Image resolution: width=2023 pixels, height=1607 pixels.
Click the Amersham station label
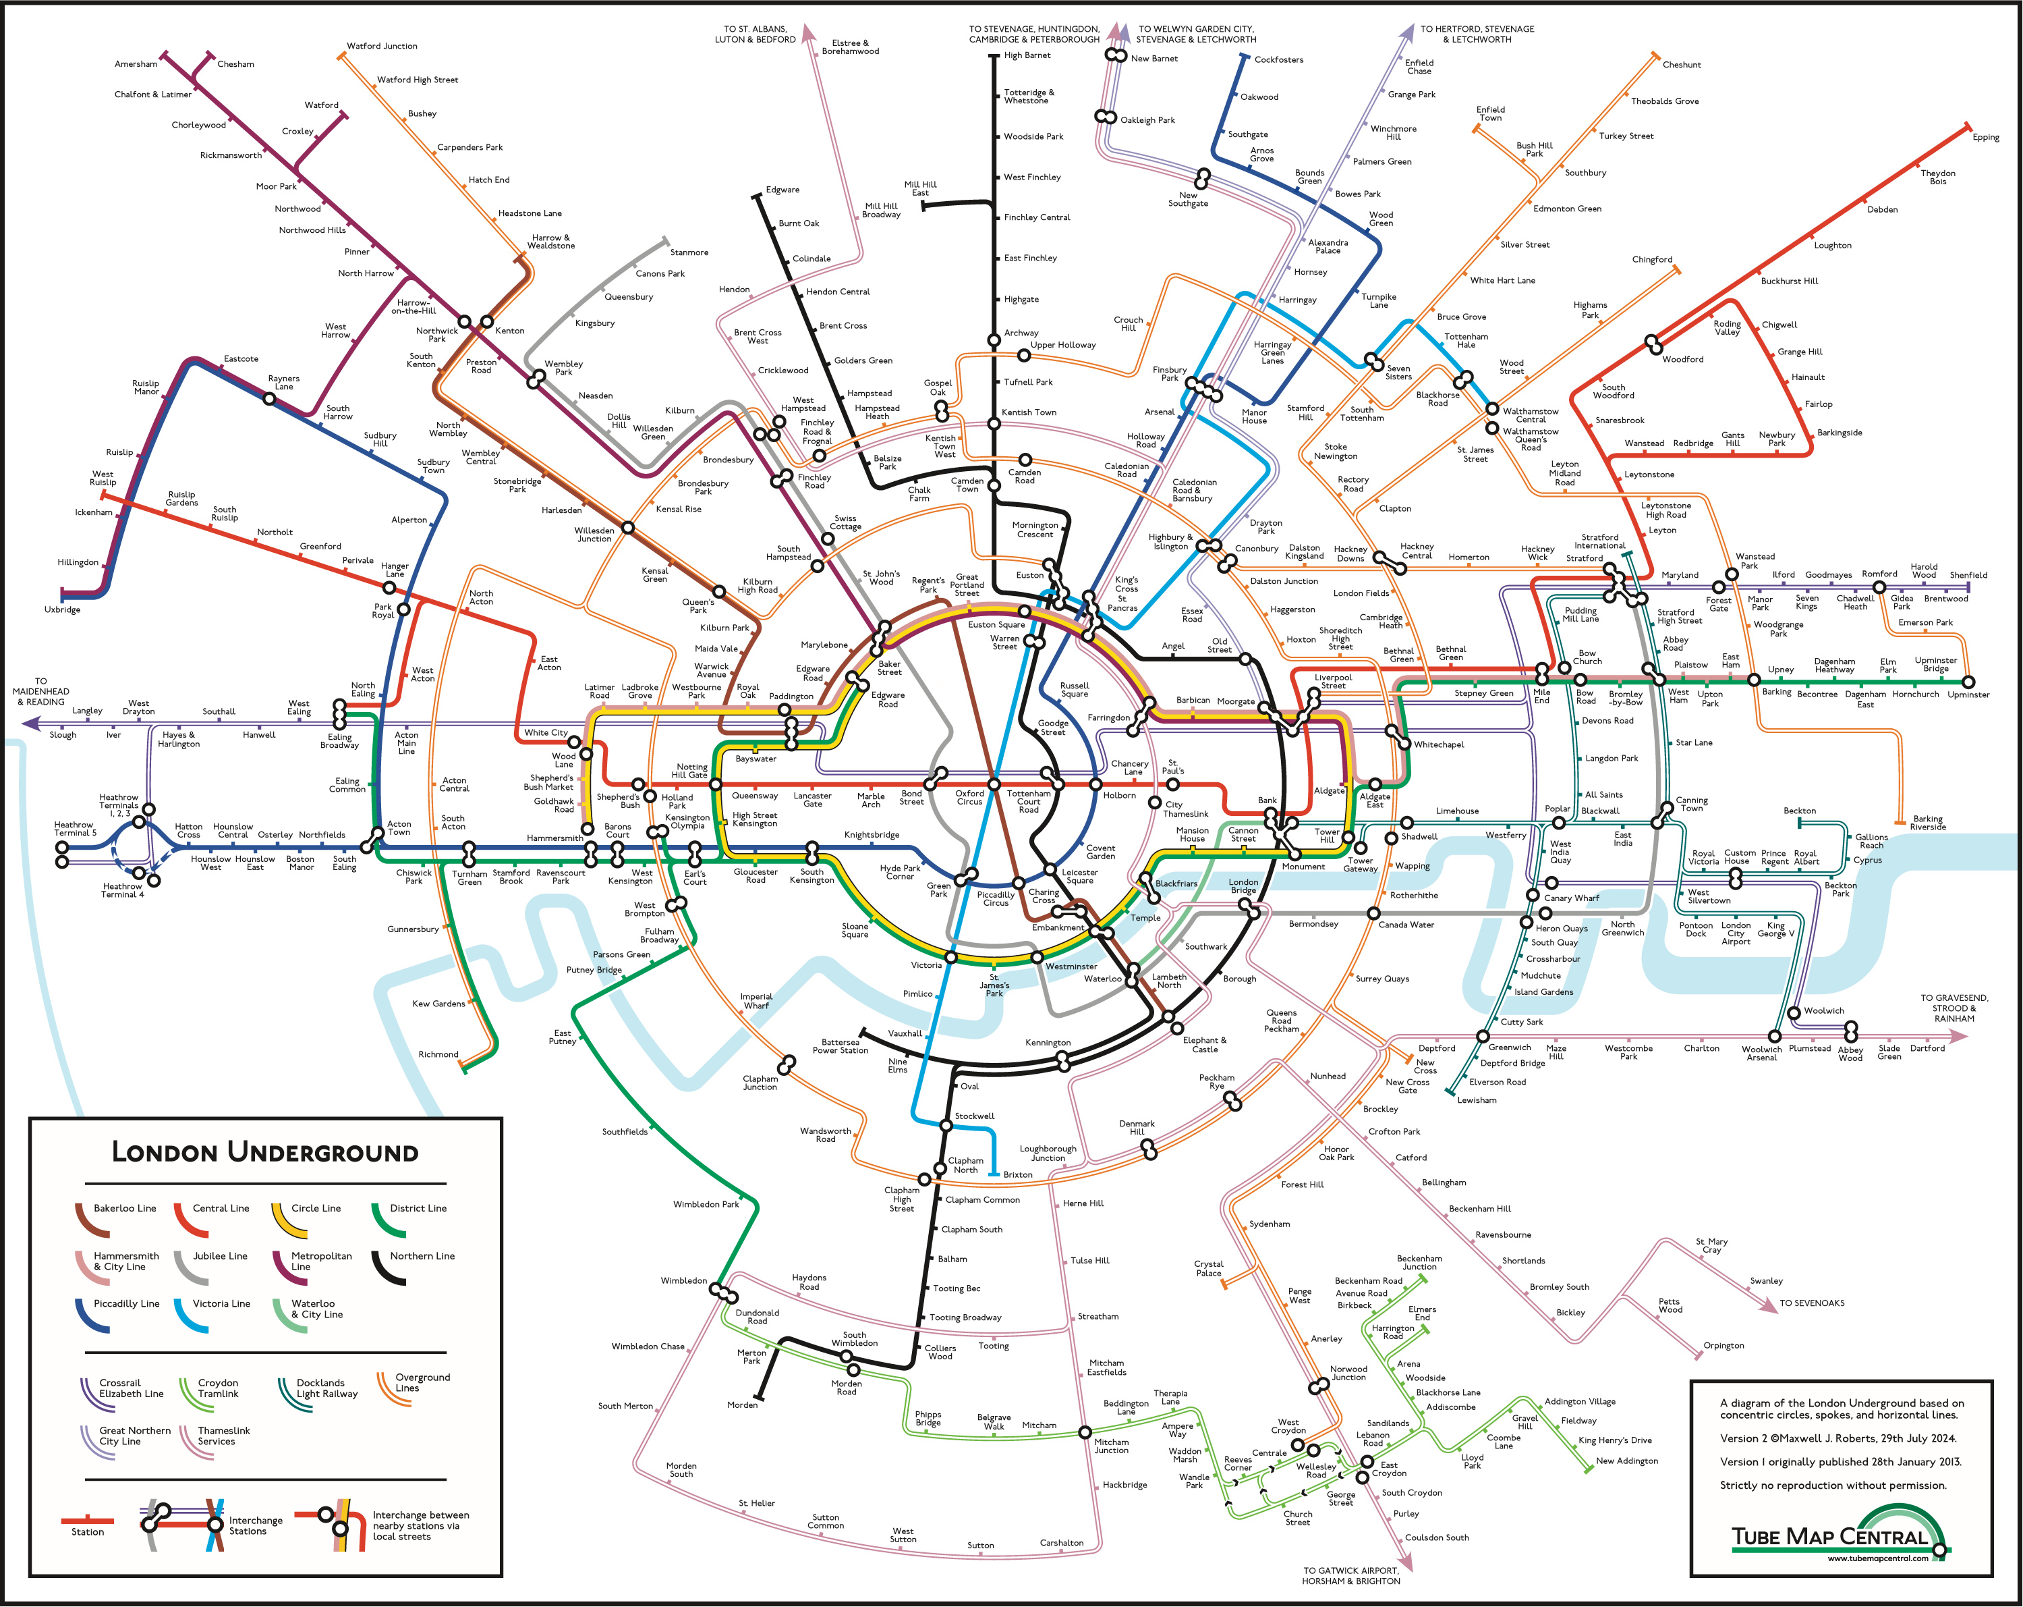136,64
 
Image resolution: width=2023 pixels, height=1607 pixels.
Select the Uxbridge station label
62,609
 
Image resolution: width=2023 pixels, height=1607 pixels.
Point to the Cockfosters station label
1279,59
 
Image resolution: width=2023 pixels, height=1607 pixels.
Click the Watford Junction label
382,46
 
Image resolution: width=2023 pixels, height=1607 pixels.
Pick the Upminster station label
1968,694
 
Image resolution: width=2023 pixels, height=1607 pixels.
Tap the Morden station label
742,1405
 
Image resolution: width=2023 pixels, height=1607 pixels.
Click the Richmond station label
438,1054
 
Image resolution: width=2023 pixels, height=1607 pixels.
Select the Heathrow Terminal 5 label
75,828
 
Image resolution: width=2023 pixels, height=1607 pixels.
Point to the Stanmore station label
689,252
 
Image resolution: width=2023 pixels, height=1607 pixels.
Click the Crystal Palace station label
1209,1268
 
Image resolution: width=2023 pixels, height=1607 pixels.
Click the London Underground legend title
266,1151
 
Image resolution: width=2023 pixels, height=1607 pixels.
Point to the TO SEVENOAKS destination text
1812,1303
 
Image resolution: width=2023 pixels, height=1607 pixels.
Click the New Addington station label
1627,1461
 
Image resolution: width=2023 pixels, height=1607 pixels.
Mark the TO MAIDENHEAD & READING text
41,692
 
